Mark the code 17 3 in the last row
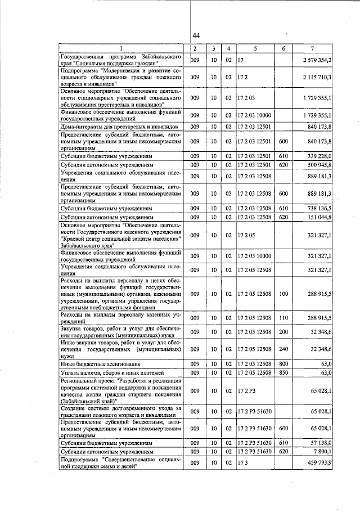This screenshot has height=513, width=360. click(x=241, y=463)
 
